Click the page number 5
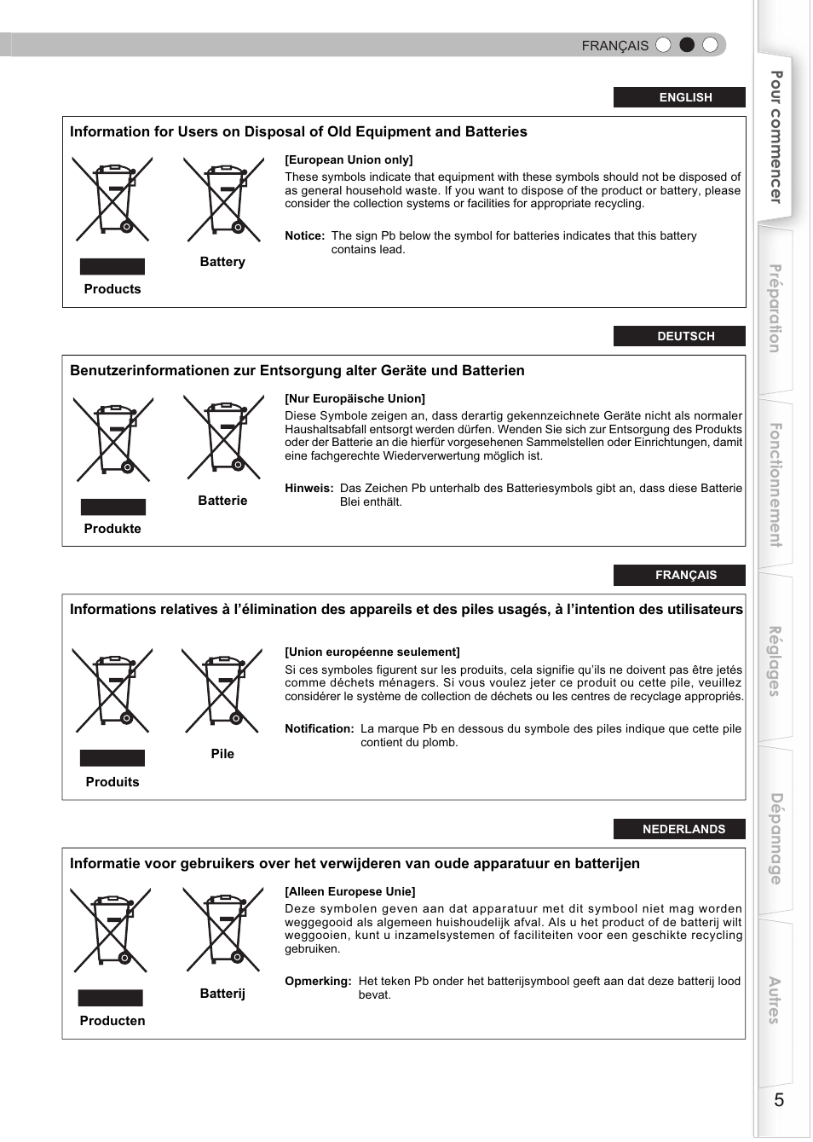778,1099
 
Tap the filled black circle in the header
687,45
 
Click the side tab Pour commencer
776,137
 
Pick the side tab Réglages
775,661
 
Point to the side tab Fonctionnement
776,484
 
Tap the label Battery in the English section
222,262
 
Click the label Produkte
112,529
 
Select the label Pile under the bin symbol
222,754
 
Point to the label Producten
112,1021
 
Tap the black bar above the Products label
112,266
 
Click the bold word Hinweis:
308,489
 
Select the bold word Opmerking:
318,982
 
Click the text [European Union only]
349,159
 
